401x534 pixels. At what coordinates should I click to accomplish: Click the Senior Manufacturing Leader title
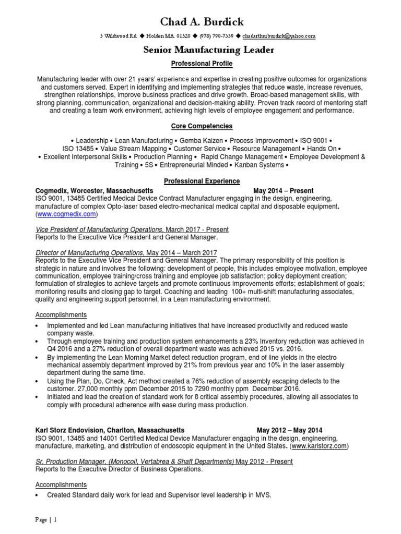(200, 50)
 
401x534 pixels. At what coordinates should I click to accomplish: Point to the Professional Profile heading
(202, 64)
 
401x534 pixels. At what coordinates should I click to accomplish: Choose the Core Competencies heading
(202, 126)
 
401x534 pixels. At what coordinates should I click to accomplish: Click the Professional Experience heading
(202, 181)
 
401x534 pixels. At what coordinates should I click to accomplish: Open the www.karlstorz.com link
(319, 447)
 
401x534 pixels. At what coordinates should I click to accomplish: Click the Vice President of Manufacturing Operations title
(100, 229)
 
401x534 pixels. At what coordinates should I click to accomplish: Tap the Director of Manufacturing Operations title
(90, 252)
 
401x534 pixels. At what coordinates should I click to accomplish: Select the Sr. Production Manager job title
(135, 462)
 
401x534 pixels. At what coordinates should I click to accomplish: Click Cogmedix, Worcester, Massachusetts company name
(95, 190)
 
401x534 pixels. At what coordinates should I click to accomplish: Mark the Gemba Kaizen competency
(201, 141)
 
